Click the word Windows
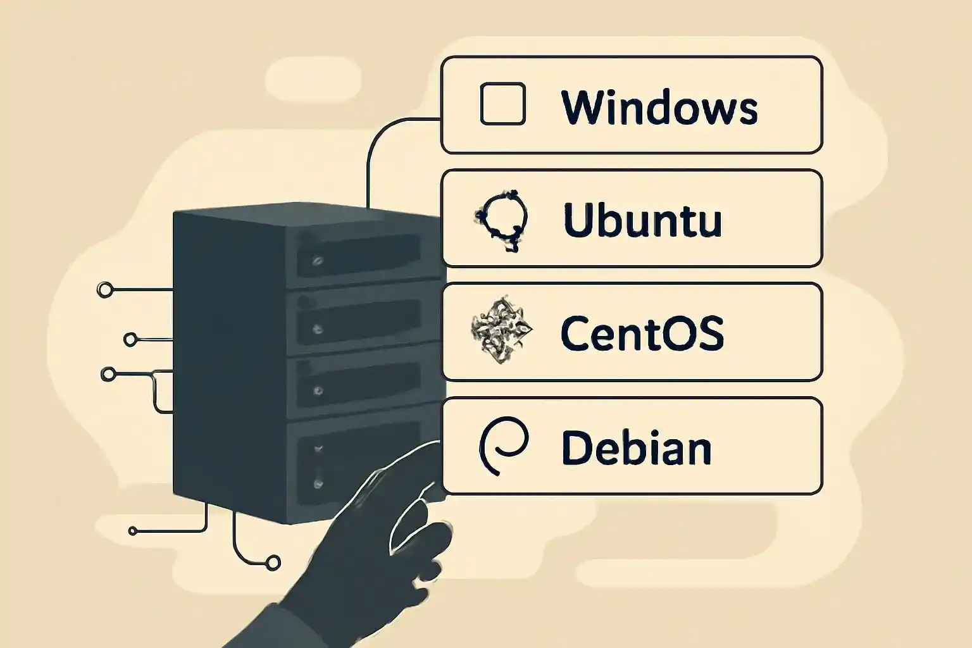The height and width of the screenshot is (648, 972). tap(659, 107)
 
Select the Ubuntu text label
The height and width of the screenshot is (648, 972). tap(642, 220)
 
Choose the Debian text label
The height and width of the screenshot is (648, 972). tap(636, 447)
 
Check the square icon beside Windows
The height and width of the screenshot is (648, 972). tap(502, 104)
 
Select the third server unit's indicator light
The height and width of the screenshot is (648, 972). tap(318, 390)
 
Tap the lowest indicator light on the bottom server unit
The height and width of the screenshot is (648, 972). tap(318, 483)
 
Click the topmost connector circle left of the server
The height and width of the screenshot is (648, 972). tap(105, 290)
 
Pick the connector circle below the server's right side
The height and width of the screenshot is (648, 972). tap(273, 562)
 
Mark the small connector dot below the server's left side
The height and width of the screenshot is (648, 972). tap(133, 531)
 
